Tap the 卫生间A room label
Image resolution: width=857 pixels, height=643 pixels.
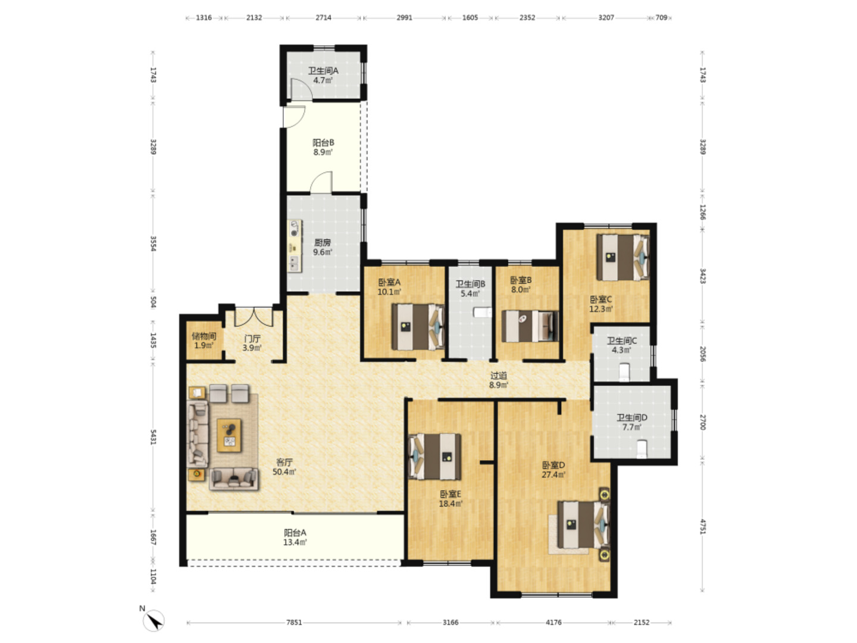(323, 71)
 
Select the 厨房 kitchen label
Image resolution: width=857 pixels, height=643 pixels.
(323, 242)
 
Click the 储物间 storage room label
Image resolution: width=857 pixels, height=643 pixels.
(204, 336)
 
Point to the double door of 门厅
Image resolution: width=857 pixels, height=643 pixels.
(254, 317)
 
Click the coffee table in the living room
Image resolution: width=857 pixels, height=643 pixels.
(229, 435)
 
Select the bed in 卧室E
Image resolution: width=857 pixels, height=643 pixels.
(434, 457)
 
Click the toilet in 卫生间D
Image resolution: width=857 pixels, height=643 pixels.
(642, 449)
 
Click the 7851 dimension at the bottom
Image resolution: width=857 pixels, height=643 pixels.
(294, 622)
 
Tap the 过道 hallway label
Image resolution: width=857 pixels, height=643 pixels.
(499, 376)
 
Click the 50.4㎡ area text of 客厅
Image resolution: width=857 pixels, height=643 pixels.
(284, 472)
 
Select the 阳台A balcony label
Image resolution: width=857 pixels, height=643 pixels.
(295, 532)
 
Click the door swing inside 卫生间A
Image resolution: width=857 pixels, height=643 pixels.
(301, 89)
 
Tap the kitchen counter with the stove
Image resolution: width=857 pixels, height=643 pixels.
(295, 246)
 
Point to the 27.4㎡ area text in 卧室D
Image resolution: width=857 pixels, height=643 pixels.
(553, 475)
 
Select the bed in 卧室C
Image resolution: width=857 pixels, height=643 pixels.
(623, 257)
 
